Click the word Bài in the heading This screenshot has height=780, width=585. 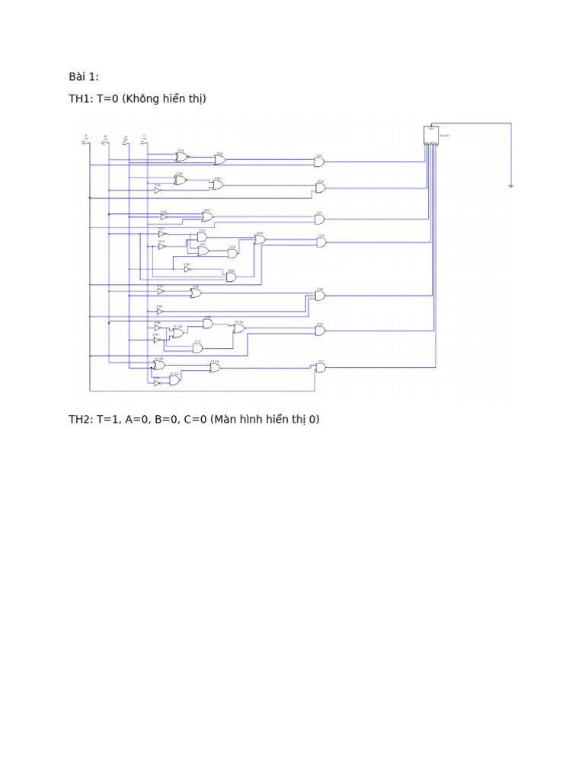(77, 76)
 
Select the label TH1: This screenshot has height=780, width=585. (81, 99)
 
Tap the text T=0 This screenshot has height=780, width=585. (107, 99)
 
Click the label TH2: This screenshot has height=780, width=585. (81, 419)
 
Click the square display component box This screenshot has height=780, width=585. (431, 134)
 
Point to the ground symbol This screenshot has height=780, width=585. (511, 185)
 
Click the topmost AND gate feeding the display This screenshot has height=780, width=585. (319, 161)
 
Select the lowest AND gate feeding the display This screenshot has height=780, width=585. (320, 367)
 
